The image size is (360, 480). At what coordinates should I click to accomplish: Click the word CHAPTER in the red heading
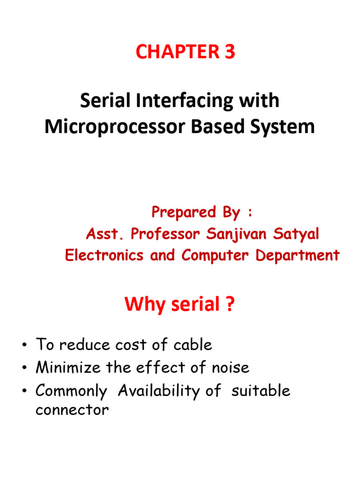tap(178, 52)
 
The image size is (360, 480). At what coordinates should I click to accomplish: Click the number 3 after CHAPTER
tap(230, 52)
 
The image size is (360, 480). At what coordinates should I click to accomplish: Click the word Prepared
tap(184, 212)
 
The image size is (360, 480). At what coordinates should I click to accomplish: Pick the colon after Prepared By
tap(250, 212)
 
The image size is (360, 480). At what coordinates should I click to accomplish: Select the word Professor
tap(165, 234)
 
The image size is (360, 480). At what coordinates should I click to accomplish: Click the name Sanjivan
tap(236, 234)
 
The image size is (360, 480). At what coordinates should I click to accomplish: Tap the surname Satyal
tap(296, 234)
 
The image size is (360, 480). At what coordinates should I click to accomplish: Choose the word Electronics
tap(104, 255)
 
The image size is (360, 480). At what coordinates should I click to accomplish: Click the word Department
tap(298, 255)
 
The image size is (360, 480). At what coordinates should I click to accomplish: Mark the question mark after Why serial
tap(230, 304)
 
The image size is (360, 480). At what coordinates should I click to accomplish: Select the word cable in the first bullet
tap(193, 345)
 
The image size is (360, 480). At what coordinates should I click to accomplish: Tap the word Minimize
tap(68, 367)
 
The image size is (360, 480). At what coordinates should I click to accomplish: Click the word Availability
tap(158, 391)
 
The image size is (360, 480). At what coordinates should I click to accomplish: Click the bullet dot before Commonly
tap(24, 390)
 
